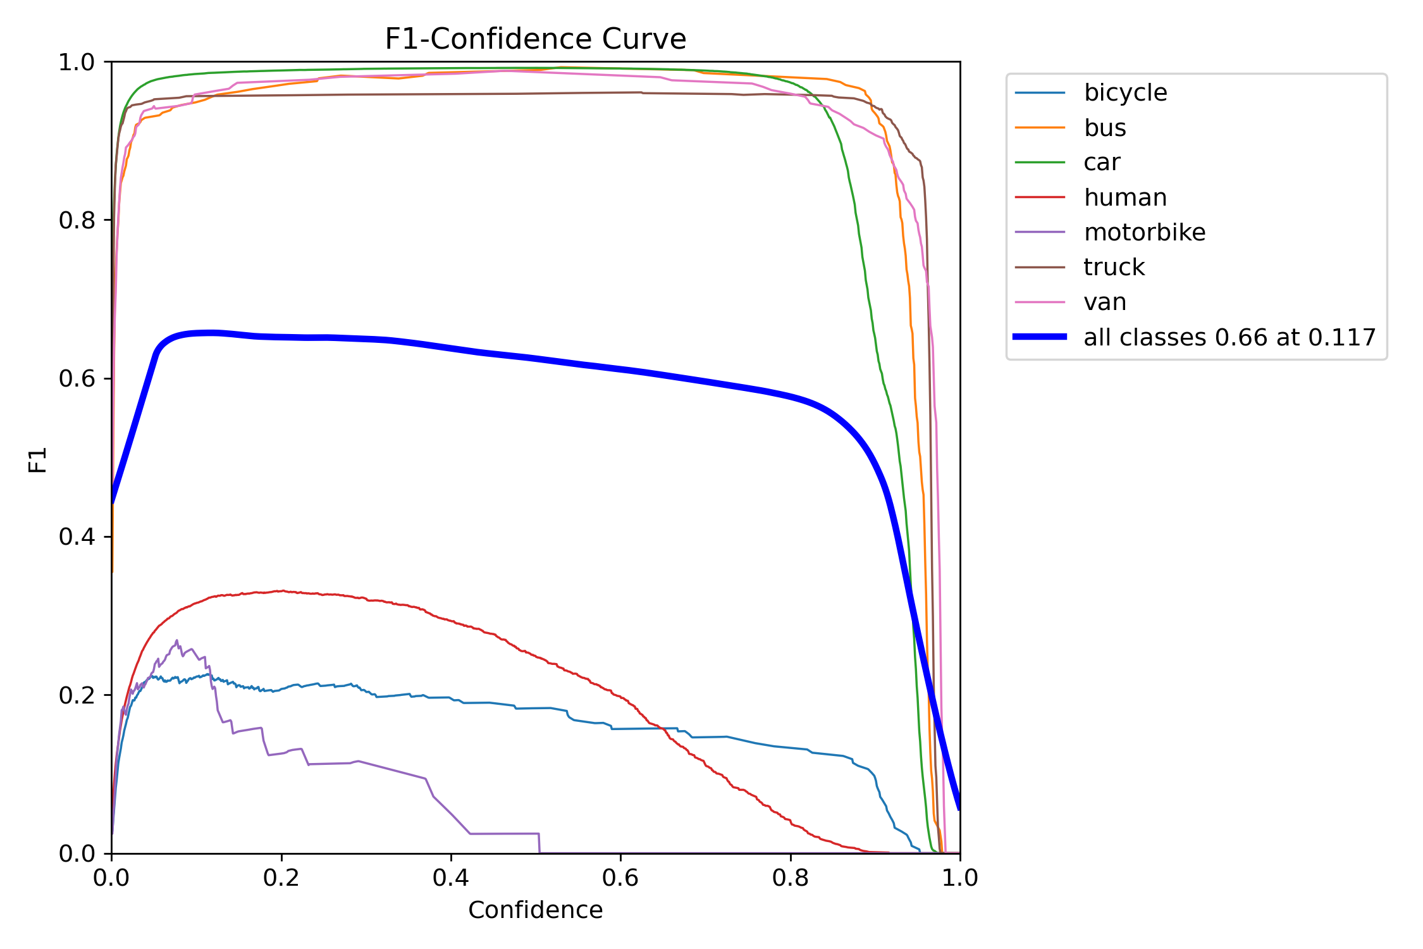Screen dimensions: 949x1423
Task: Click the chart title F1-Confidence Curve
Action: [x=535, y=39]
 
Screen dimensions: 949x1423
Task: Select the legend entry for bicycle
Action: [x=1125, y=93]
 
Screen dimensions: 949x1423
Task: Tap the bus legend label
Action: [x=1105, y=128]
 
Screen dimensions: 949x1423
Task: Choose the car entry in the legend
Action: [x=1102, y=163]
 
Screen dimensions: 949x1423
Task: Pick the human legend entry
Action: [x=1125, y=197]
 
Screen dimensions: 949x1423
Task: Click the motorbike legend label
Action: [x=1144, y=232]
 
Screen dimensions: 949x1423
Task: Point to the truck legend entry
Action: [x=1114, y=267]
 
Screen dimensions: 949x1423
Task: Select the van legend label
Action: [x=1105, y=302]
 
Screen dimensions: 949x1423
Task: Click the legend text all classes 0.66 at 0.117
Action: [x=1229, y=337]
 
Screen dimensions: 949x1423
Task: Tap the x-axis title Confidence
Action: [x=535, y=910]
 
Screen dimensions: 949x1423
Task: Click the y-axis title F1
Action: [x=38, y=460]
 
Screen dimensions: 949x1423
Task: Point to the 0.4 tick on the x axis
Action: [x=451, y=878]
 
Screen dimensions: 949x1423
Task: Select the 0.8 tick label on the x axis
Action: [x=790, y=878]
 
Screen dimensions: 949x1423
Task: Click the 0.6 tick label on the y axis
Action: [x=76, y=378]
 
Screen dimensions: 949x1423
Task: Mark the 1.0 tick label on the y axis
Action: [x=76, y=62]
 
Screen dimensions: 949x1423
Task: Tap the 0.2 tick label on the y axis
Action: [x=76, y=695]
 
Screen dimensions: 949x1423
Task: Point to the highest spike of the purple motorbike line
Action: [x=177, y=640]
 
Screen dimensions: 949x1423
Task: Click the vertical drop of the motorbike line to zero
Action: [x=539, y=843]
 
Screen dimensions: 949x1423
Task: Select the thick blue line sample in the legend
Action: [x=1040, y=337]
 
